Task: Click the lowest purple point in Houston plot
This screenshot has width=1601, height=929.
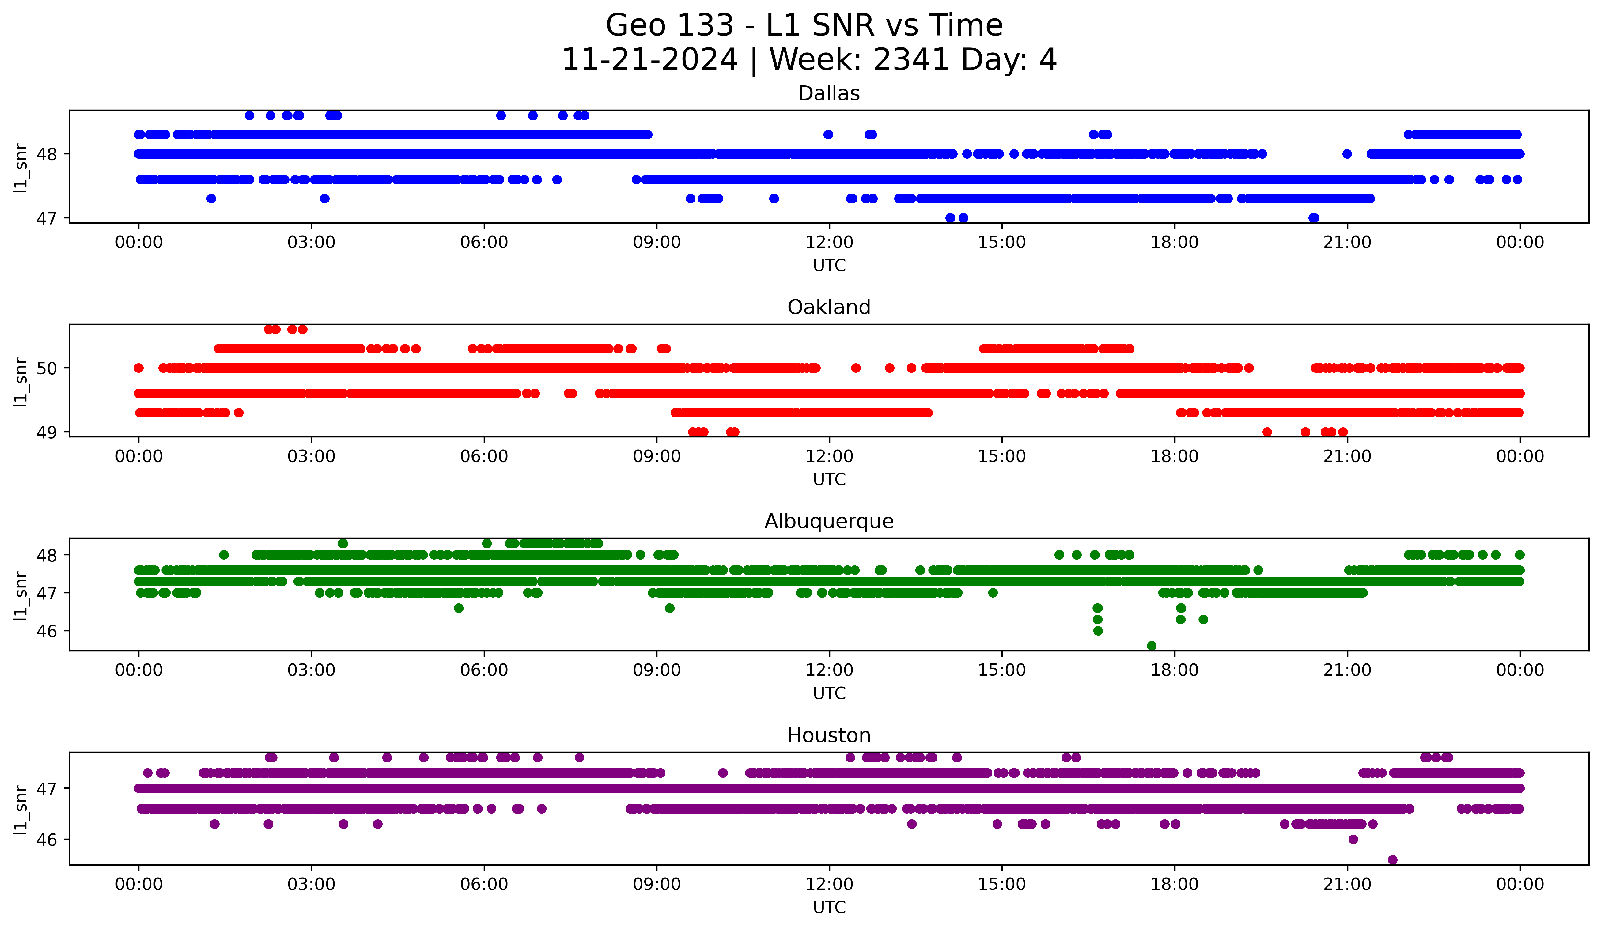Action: click(x=1393, y=860)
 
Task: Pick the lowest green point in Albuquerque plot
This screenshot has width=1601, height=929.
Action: click(x=1151, y=646)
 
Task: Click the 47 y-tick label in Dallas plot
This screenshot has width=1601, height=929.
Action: click(x=46, y=218)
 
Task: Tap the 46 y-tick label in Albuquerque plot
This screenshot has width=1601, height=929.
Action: click(x=46, y=631)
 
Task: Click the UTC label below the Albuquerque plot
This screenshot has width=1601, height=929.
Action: click(x=829, y=693)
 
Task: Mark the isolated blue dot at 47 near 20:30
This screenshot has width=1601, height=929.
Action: click(x=1314, y=218)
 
